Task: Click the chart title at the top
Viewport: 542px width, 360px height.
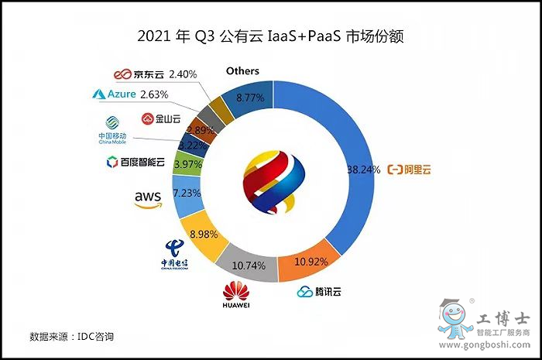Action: click(x=271, y=36)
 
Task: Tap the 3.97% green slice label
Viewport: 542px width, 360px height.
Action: click(x=189, y=164)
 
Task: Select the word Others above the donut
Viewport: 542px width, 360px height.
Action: click(x=242, y=71)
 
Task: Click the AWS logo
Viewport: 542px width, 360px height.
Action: click(x=148, y=199)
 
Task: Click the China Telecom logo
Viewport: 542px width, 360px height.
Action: click(x=175, y=255)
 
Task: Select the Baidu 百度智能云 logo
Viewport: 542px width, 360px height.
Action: click(x=135, y=163)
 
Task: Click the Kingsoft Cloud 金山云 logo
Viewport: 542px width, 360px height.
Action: click(x=161, y=118)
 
